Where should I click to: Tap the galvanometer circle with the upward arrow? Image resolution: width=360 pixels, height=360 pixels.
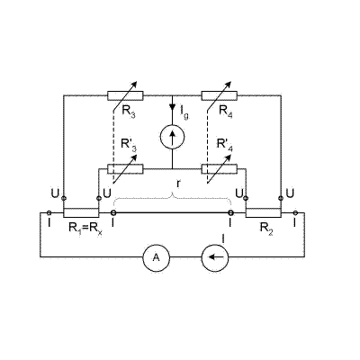(173, 137)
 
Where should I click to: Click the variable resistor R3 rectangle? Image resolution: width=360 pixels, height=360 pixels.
(125, 95)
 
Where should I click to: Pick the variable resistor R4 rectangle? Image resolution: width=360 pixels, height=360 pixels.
(220, 95)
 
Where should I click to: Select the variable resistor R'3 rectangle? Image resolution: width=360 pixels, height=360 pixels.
(125, 169)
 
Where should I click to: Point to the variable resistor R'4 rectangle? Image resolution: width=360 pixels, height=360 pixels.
(220, 169)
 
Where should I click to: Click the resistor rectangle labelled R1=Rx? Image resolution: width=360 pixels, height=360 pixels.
(81, 212)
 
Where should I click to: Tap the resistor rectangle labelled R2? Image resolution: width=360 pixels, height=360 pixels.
(264, 212)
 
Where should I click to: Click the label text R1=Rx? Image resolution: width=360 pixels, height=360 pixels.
(85, 229)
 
